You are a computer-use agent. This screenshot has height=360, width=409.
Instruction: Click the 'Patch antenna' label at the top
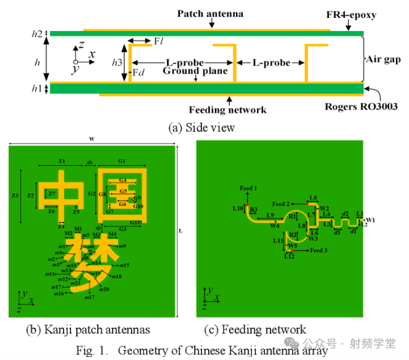click(211, 13)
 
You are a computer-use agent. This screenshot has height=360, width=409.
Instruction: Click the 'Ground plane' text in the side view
click(195, 71)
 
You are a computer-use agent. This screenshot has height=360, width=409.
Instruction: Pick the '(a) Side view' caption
click(202, 127)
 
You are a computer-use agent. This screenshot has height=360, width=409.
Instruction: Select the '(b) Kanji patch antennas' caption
click(88, 329)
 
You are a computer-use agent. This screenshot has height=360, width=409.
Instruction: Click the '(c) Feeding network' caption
click(255, 329)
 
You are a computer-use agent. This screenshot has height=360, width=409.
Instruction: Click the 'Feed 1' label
click(248, 187)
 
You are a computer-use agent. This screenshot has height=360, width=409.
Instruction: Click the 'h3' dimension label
click(117, 62)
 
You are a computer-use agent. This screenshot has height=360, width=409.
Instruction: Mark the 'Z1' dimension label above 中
click(61, 161)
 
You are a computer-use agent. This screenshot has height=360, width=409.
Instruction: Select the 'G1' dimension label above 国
click(122, 161)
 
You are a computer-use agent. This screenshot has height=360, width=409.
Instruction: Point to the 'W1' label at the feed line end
click(370, 220)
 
